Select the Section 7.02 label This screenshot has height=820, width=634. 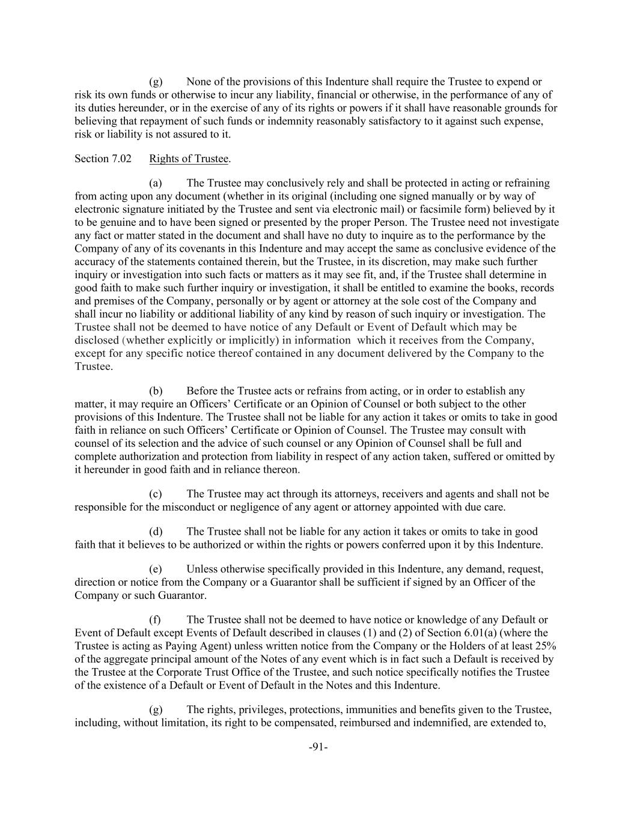pyautogui.click(x=103, y=159)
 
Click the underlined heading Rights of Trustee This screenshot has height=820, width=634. pyautogui.click(x=189, y=159)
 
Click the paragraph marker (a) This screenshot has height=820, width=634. pyautogui.click(x=156, y=183)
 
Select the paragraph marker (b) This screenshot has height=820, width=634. pyautogui.click(x=156, y=391)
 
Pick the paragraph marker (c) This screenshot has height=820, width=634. pyautogui.click(x=156, y=494)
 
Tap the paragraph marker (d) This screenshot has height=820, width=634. pyautogui.click(x=156, y=532)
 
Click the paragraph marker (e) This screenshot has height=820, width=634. pyautogui.click(x=156, y=569)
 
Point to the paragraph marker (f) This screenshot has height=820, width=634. pyautogui.click(x=156, y=619)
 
